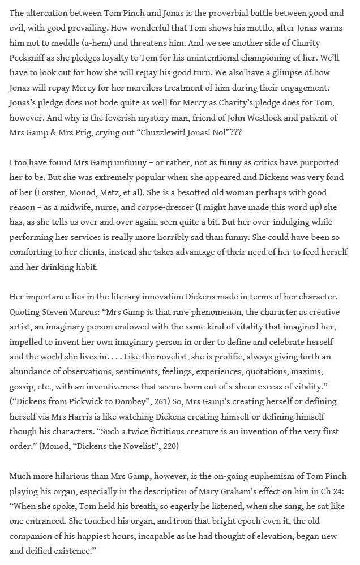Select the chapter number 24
click(341, 491)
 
